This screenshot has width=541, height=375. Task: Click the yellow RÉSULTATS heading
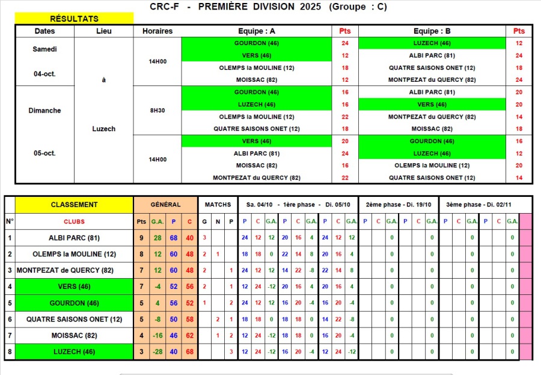point(75,19)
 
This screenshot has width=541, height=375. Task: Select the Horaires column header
point(157,31)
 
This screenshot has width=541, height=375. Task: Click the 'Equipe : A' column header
point(256,31)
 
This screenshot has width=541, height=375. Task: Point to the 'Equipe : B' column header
point(432,31)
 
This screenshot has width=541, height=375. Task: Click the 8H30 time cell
point(157,110)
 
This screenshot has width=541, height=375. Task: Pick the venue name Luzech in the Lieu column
point(104,129)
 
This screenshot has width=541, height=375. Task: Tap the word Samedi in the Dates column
point(44,49)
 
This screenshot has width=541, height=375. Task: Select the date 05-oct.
point(44,153)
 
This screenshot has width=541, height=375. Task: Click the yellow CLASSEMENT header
point(74,205)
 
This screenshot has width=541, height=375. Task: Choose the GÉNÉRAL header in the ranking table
point(165,205)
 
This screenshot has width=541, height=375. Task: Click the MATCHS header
point(218,205)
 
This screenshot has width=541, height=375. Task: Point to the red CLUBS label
point(74,221)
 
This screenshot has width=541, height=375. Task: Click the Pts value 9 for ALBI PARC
point(141,238)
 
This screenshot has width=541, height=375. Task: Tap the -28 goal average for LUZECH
point(157,351)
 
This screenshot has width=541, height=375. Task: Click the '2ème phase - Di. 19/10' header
point(399,205)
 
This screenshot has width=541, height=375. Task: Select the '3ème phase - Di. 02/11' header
point(479,205)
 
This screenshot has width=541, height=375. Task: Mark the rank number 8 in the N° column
point(9,351)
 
